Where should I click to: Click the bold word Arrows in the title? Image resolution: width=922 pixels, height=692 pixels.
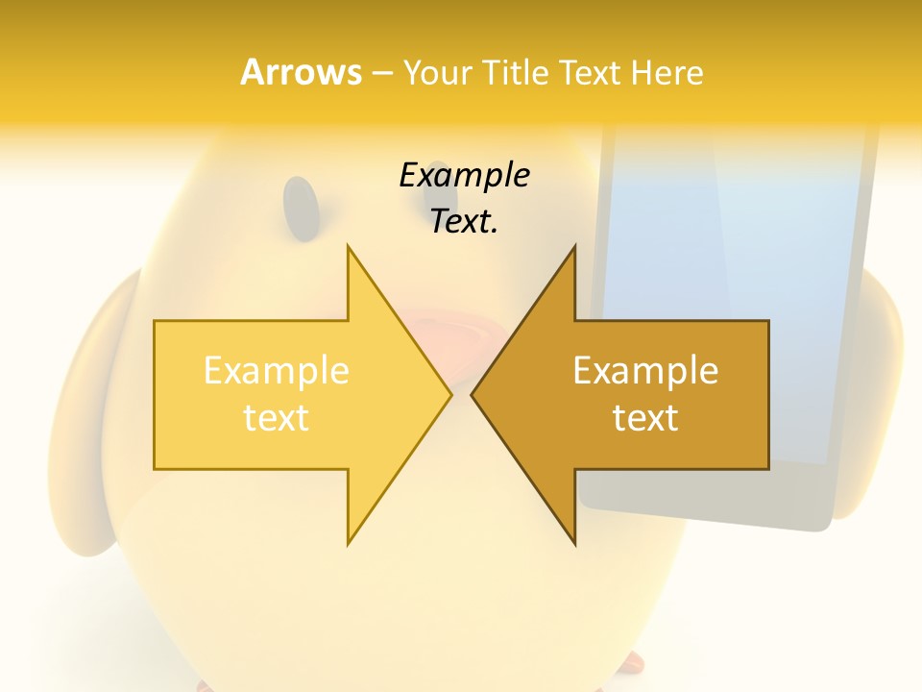tap(301, 72)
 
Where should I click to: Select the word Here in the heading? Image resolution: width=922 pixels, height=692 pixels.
tap(667, 73)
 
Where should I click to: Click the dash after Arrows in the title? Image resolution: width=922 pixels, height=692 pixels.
tap(381, 73)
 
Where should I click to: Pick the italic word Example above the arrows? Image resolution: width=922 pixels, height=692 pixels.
tap(464, 175)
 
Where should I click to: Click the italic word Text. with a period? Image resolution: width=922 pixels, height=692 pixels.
tap(464, 222)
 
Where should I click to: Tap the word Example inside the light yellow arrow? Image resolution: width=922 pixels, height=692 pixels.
tap(277, 370)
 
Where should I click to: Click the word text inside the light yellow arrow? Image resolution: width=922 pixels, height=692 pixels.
tap(277, 418)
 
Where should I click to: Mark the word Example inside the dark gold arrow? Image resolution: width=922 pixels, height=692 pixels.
tap(645, 370)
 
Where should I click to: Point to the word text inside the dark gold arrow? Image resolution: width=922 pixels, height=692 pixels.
tap(645, 418)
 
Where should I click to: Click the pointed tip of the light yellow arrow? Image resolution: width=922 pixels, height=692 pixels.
tap(448, 394)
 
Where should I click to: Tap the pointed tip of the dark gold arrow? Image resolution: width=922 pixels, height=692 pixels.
tap(474, 394)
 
